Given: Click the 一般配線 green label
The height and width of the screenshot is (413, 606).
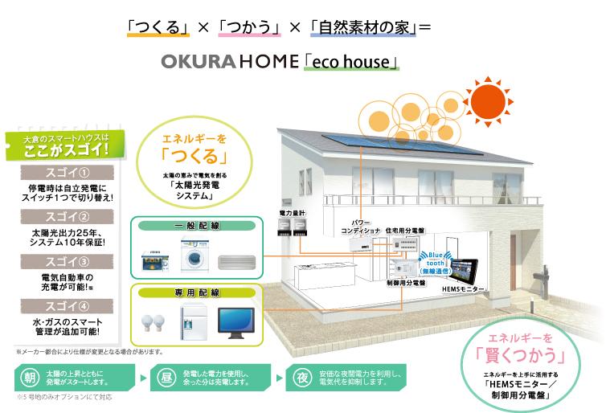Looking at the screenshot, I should [198, 226].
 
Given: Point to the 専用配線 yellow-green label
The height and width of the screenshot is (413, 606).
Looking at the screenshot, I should [197, 292].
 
